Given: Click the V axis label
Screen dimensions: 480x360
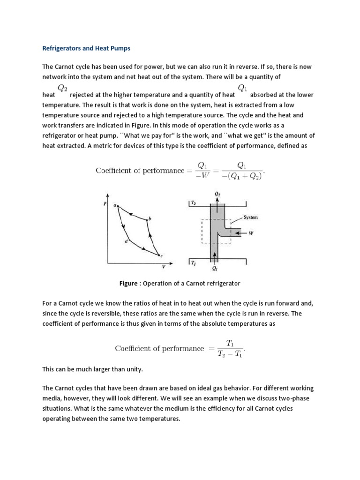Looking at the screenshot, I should coord(164,267).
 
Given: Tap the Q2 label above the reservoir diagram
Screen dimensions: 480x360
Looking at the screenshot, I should coord(216,193).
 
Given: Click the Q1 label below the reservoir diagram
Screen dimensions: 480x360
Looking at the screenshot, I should coord(215,269).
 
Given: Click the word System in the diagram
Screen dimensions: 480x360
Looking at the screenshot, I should coord(251,217).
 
